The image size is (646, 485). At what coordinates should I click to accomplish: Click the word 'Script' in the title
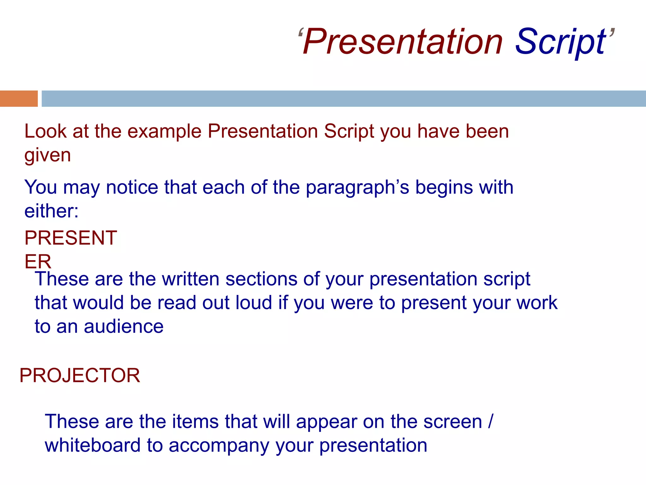point(560,42)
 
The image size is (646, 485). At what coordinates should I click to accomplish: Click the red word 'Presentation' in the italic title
point(402,42)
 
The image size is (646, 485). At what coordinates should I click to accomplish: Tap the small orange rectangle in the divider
point(19,99)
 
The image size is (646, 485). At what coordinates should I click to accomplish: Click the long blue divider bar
point(344,99)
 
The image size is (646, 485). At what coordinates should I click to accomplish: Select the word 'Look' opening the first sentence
point(45,131)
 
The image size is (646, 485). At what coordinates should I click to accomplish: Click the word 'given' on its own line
point(48,155)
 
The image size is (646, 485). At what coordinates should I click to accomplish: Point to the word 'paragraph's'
point(357,188)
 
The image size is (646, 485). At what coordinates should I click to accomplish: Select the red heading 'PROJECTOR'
point(79,375)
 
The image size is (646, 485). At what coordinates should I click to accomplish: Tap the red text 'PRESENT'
point(71,238)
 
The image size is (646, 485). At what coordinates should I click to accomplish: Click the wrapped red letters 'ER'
point(38,261)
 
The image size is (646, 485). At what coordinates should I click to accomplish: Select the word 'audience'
point(124,326)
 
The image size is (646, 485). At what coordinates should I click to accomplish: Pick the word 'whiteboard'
point(92,445)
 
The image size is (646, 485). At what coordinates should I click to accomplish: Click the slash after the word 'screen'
point(490,422)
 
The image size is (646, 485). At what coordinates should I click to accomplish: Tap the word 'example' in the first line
point(164,132)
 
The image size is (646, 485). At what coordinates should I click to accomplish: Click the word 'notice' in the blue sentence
point(132,187)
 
